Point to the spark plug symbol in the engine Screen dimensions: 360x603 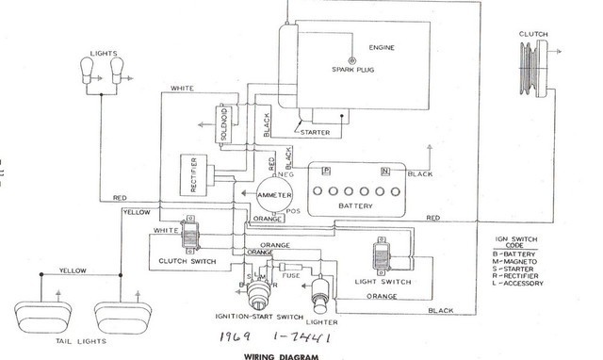point(353,57)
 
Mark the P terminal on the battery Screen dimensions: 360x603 point(325,170)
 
